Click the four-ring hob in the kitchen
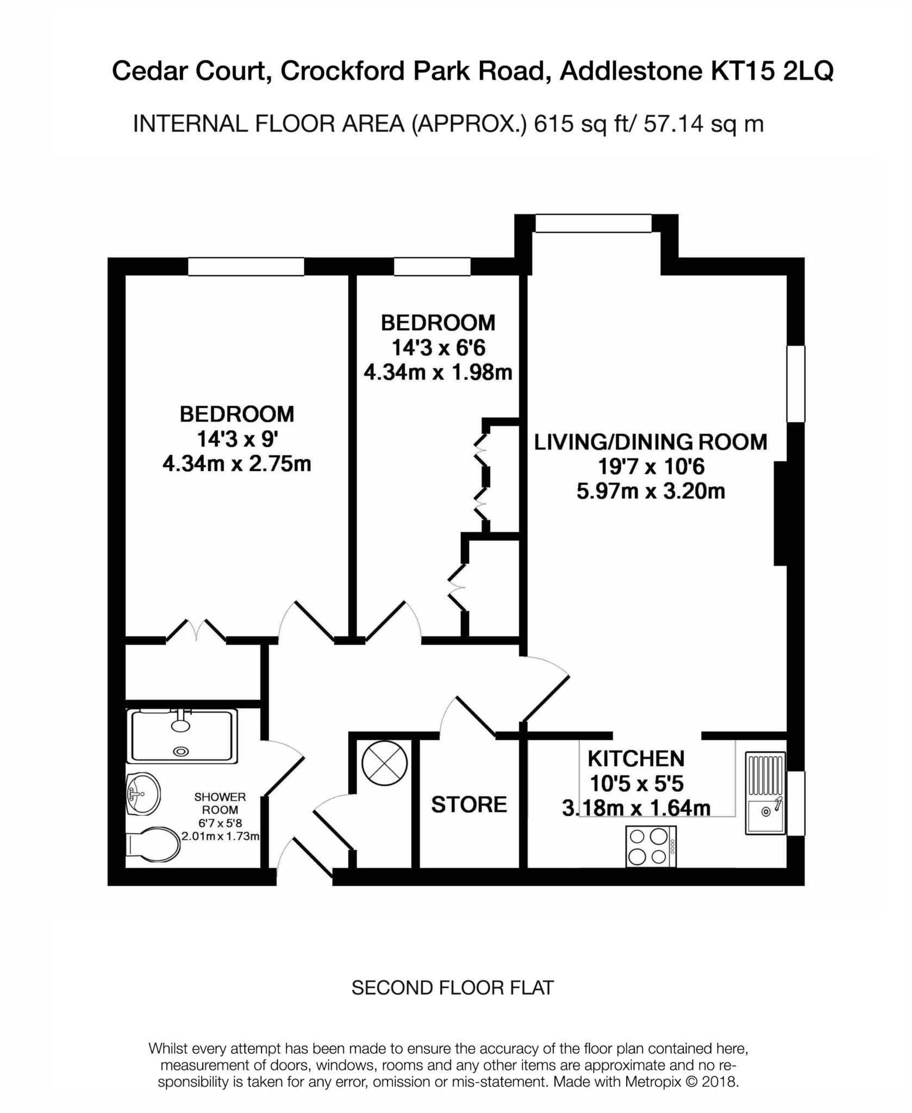[651, 846]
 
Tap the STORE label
[469, 804]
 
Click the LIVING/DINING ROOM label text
[651, 442]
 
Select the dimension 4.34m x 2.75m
[237, 464]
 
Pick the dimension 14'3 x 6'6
[438, 347]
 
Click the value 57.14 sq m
[703, 124]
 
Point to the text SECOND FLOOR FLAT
[452, 988]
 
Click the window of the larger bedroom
[246, 266]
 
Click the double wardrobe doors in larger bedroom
[196, 630]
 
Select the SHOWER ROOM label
[220, 803]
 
